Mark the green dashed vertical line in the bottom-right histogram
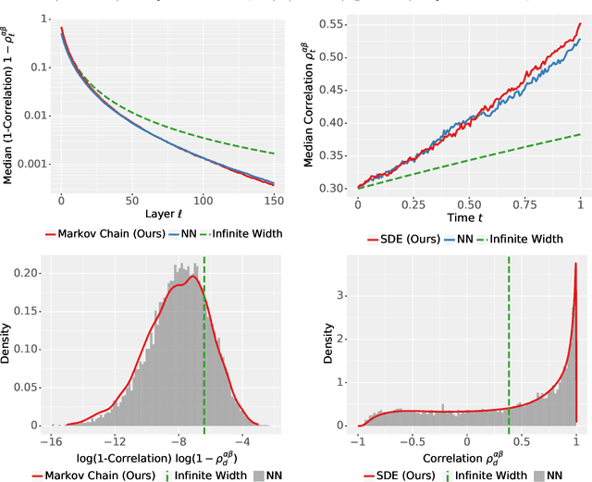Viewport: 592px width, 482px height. click(x=509, y=342)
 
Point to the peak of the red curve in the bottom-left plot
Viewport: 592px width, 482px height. click(x=191, y=276)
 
